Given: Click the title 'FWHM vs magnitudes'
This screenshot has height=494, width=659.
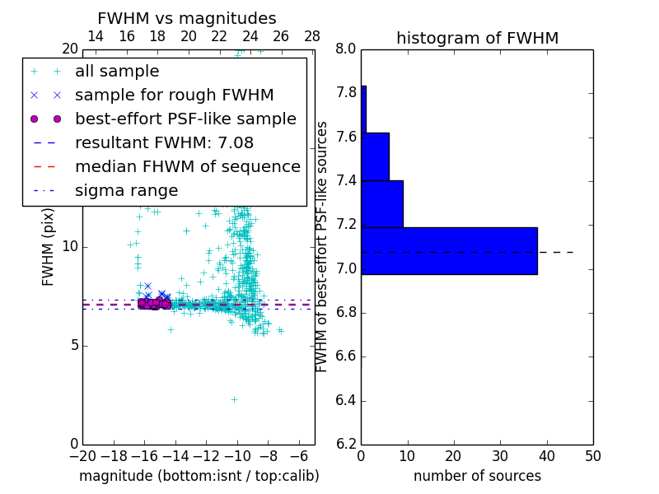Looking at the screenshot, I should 187,18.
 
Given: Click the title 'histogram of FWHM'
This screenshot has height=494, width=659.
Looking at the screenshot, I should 477,38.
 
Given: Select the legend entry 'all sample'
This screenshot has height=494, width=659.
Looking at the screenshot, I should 117,72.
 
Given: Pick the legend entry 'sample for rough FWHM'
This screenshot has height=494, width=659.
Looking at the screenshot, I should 174,96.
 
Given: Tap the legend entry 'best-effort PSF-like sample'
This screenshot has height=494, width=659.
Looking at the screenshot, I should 185,119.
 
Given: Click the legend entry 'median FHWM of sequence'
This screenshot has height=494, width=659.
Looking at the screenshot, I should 187,167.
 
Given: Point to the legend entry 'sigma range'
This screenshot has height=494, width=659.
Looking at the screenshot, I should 126,191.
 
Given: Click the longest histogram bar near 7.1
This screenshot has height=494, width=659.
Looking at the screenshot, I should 449,250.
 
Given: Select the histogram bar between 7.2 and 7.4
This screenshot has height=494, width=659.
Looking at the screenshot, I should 382,203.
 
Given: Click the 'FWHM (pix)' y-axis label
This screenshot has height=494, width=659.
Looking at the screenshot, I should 49,245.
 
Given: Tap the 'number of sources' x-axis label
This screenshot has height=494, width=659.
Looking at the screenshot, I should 477,476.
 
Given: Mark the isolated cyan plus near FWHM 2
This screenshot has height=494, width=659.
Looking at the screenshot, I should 234,399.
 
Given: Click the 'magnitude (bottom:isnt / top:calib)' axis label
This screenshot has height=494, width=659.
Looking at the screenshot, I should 199,476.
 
